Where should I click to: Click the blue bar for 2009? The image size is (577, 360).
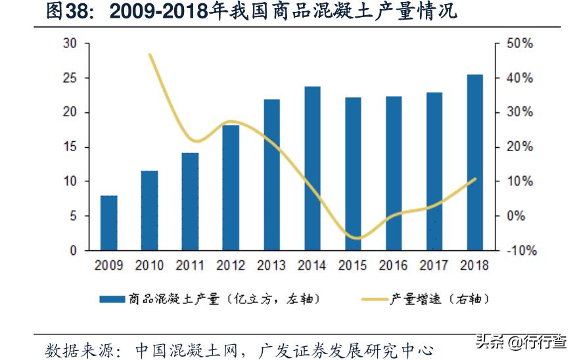point(109,223)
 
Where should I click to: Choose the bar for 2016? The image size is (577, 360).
point(394,173)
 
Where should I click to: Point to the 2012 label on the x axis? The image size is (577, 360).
point(231,266)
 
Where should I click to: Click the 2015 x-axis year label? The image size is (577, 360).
point(353,266)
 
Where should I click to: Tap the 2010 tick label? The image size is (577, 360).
point(149,266)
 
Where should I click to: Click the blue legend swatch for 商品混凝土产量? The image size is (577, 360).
point(112,300)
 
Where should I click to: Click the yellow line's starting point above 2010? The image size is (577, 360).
point(150,55)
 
